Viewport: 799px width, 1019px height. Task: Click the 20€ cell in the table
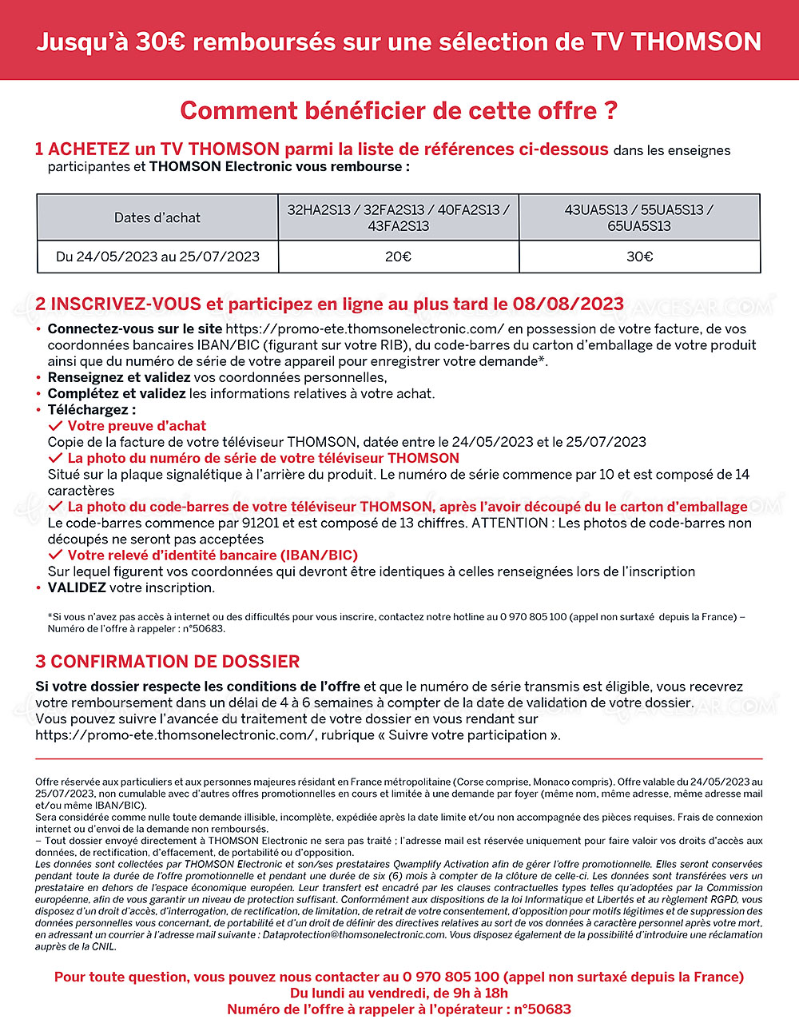point(398,257)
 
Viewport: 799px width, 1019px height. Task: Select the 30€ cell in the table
point(639,257)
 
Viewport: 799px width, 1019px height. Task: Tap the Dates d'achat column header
point(157,217)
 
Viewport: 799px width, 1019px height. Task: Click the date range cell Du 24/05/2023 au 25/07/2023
point(157,257)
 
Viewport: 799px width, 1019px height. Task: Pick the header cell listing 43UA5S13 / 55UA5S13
point(639,217)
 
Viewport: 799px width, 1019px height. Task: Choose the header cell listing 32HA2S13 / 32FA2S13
point(398,217)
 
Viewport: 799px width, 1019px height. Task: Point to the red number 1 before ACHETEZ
point(40,149)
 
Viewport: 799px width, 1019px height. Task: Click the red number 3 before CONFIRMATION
point(41,662)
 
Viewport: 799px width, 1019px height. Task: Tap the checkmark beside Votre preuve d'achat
point(55,426)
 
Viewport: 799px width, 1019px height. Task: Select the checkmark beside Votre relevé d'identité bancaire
point(55,555)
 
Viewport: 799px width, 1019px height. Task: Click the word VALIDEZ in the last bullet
point(77,587)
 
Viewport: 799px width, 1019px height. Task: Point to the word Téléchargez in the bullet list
point(90,410)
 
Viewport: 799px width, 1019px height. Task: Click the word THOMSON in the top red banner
point(696,42)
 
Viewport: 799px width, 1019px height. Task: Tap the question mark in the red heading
point(611,110)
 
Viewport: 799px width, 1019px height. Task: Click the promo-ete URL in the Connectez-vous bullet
point(365,328)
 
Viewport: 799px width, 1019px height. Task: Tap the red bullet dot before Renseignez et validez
point(38,378)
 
